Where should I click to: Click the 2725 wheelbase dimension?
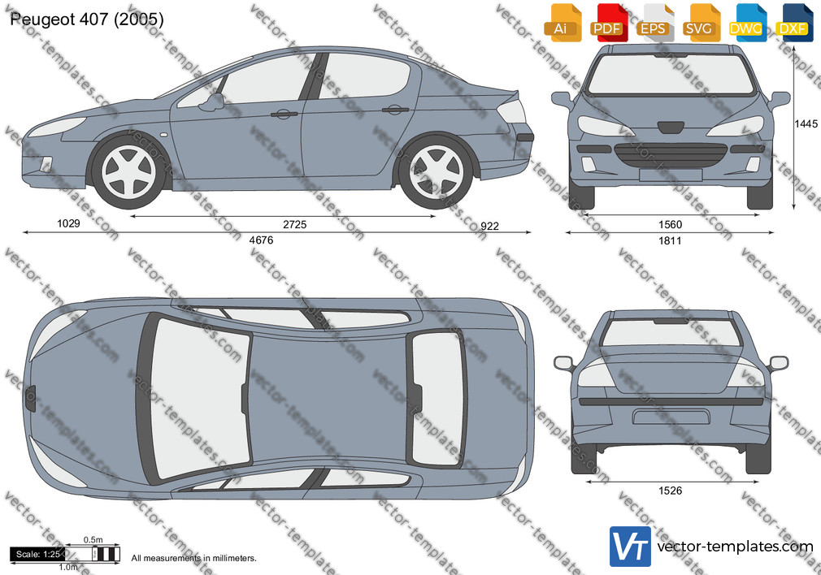[294, 224]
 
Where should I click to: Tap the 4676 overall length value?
[261, 240]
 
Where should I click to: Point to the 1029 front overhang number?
[68, 223]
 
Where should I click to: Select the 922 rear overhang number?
[489, 226]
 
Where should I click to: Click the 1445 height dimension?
[806, 123]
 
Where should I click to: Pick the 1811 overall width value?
[670, 240]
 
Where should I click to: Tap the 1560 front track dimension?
[670, 224]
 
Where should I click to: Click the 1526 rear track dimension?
[670, 491]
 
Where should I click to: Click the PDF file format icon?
[608, 23]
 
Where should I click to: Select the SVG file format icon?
[701, 23]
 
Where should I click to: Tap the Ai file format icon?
[562, 23]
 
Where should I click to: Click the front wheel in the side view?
[128, 172]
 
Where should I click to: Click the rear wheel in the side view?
[436, 172]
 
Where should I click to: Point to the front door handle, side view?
[284, 114]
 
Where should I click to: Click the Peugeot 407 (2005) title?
[86, 19]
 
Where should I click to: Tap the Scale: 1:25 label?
[37, 554]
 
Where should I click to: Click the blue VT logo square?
[630, 547]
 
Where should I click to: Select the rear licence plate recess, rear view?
[671, 417]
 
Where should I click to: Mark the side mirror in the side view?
[213, 102]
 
